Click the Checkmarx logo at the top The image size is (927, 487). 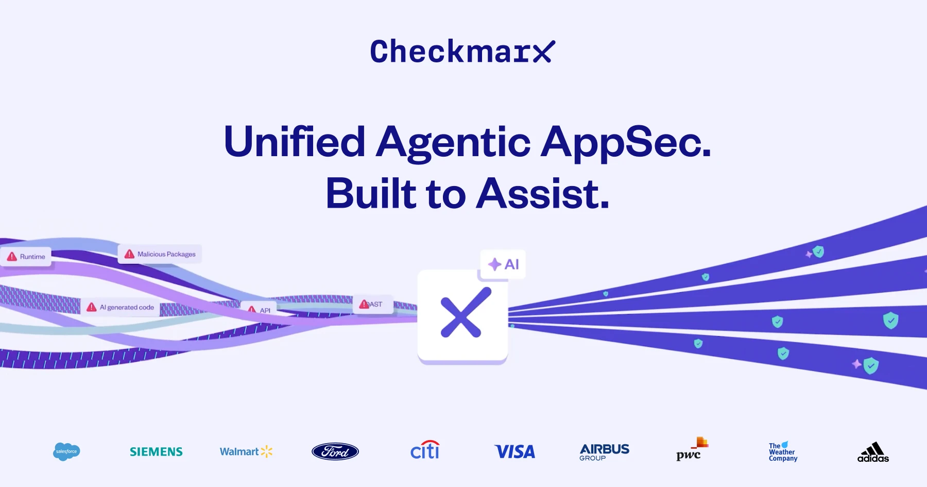coord(462,52)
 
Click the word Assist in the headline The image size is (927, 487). coord(543,194)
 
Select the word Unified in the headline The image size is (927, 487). coord(295,142)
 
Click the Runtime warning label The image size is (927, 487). coord(26,257)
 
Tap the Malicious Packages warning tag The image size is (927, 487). coord(160,254)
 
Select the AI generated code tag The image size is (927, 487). coord(121,307)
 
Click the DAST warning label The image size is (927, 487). coord(372,305)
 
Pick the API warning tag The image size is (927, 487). coord(259,310)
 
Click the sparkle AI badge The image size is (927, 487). coord(503,264)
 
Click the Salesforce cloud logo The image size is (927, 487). coord(66,451)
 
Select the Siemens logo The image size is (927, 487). coord(156,452)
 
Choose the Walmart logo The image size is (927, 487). coord(246,452)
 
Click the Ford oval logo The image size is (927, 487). coord(335,452)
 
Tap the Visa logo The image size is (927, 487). coord(514,452)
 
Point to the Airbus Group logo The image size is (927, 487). coord(604,452)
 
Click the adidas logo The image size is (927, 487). coord(873,452)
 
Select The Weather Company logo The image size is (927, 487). coord(783,452)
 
